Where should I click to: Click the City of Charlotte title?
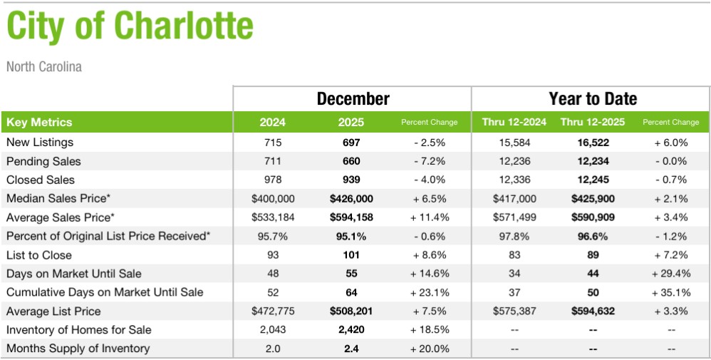pyautogui.click(x=130, y=27)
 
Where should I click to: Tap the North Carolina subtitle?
pyautogui.click(x=44, y=67)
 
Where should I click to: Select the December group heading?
pyautogui.click(x=353, y=98)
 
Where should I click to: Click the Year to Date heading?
pyautogui.click(x=593, y=98)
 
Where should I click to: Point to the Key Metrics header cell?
pyautogui.click(x=39, y=122)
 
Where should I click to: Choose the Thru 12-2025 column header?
pyautogui.click(x=593, y=122)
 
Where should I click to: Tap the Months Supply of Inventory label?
pyautogui.click(x=78, y=349)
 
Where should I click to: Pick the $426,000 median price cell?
pyautogui.click(x=351, y=198)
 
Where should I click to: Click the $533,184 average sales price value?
pyautogui.click(x=273, y=217)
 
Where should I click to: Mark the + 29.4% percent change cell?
pyautogui.click(x=670, y=274)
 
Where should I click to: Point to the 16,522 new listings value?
pyautogui.click(x=593, y=143)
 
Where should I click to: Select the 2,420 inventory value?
pyautogui.click(x=351, y=330)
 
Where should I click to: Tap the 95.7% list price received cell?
pyautogui.click(x=273, y=236)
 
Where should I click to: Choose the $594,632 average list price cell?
pyautogui.click(x=593, y=311)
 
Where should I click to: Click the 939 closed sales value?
pyautogui.click(x=351, y=180)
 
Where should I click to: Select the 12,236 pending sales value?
pyautogui.click(x=514, y=161)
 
